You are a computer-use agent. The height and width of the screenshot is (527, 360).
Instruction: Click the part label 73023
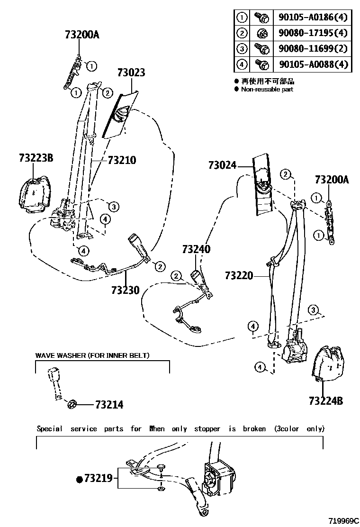point(131,73)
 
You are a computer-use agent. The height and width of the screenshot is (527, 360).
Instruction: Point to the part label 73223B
point(36,158)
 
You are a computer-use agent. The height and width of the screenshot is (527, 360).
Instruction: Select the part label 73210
point(122,160)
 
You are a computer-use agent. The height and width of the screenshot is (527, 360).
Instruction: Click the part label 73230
point(126,289)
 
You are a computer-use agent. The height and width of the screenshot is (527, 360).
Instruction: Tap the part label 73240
point(196,249)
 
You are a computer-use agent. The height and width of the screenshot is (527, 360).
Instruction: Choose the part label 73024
point(222,165)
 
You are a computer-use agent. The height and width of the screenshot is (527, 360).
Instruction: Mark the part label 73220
point(239,275)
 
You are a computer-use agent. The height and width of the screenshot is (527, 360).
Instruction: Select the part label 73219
point(98,479)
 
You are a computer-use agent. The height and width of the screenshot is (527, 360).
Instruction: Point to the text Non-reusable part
point(267,89)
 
